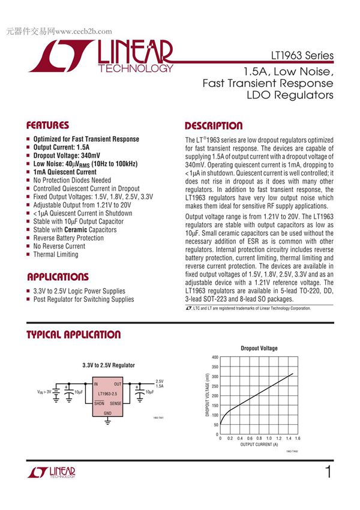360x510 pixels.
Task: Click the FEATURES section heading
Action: click(x=47, y=126)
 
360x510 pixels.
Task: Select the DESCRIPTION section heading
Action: click(x=214, y=126)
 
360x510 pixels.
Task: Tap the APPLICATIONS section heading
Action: click(x=58, y=277)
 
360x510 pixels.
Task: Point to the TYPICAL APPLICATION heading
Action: click(x=73, y=335)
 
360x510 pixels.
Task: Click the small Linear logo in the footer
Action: click(x=51, y=473)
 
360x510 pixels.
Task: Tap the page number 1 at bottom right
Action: click(x=328, y=472)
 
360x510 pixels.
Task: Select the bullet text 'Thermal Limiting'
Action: click(x=56, y=254)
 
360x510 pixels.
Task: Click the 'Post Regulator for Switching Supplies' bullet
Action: click(x=83, y=299)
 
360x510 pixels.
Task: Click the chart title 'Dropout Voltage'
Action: click(x=259, y=348)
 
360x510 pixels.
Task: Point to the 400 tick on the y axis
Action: click(x=215, y=358)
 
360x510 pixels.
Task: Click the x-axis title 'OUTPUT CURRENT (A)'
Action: click(x=259, y=445)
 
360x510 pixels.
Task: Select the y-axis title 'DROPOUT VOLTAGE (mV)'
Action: click(x=208, y=395)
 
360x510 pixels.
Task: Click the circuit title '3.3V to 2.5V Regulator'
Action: click(x=109, y=365)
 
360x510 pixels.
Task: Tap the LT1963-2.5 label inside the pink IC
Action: click(x=108, y=394)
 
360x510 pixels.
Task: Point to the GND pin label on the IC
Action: click(x=108, y=413)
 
